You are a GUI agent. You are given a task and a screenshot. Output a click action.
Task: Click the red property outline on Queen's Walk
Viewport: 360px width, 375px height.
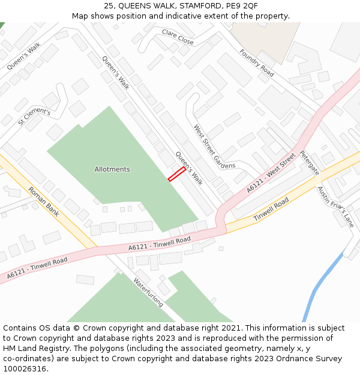(176, 174)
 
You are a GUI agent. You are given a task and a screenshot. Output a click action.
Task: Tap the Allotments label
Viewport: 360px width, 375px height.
(112, 169)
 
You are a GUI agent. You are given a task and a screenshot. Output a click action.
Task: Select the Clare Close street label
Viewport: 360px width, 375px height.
(178, 37)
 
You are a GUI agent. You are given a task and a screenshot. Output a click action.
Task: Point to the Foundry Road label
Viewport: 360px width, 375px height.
(256, 63)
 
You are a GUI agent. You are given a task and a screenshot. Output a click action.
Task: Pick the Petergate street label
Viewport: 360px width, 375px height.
(310, 163)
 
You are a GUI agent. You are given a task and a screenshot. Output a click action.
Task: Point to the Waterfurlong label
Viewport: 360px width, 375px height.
(148, 292)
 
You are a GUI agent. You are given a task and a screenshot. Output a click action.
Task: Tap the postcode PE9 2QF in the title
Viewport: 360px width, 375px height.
(242, 5)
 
